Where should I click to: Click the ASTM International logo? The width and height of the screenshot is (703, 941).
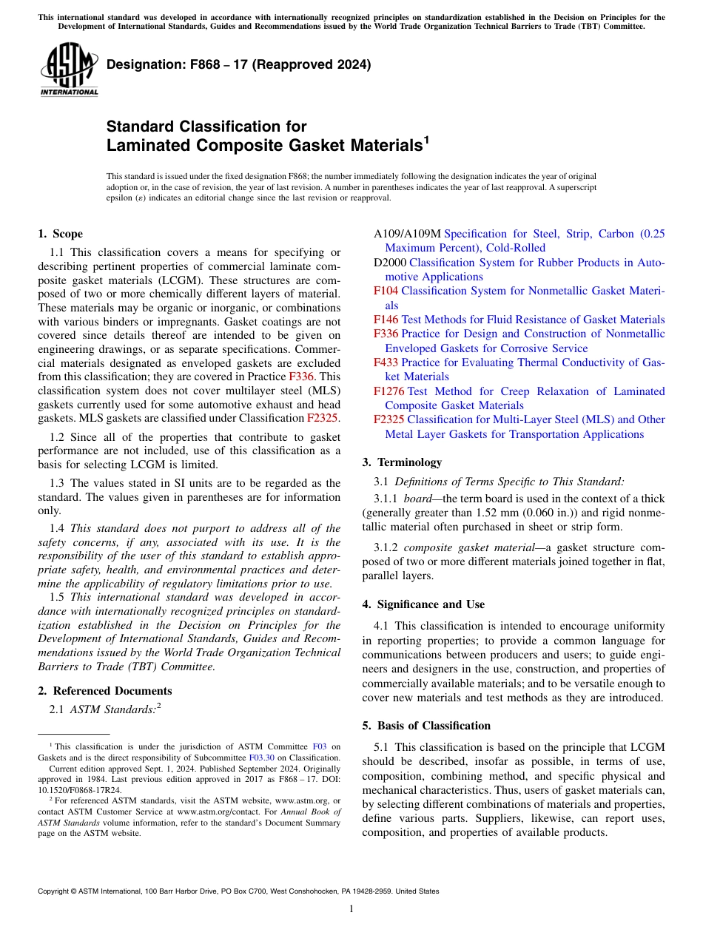pyautogui.click(x=68, y=72)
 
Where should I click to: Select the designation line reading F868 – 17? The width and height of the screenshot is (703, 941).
pyautogui.click(x=238, y=64)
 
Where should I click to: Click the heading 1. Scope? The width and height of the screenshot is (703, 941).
pyautogui.click(x=60, y=234)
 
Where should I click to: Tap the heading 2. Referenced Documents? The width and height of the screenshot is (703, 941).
pyautogui.click(x=104, y=691)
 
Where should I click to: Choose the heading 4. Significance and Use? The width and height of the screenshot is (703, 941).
pyautogui.click(x=423, y=604)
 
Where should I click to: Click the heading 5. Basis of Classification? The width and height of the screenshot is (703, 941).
pyautogui.click(x=426, y=726)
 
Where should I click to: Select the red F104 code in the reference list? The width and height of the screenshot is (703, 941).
pyautogui.click(x=386, y=291)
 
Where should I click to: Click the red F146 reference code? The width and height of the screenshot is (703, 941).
pyautogui.click(x=386, y=320)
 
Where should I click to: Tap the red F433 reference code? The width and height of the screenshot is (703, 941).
pyautogui.click(x=386, y=362)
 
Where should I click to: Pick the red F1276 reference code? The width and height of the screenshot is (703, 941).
pyautogui.click(x=388, y=391)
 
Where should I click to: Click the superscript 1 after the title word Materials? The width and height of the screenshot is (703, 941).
pyautogui.click(x=425, y=139)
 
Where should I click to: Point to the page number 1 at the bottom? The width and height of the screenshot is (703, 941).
pyautogui.click(x=351, y=909)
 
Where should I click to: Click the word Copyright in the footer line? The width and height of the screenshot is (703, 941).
pyautogui.click(x=54, y=891)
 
